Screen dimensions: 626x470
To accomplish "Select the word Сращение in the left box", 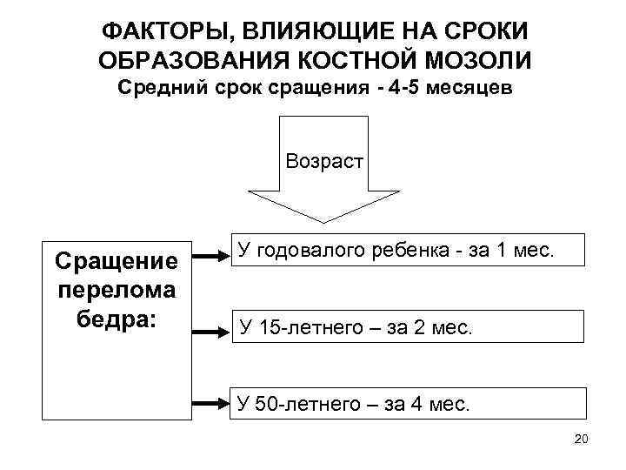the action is tap(117, 260).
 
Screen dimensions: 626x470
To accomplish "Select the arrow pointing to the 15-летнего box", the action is tap(210, 332).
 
